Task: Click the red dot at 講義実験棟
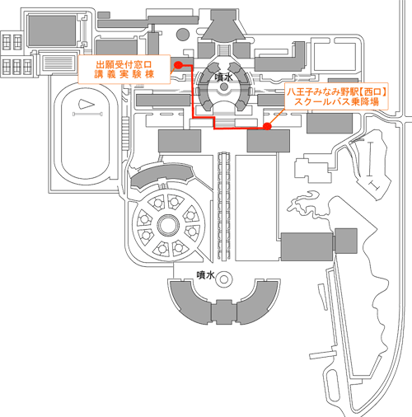click(179, 65)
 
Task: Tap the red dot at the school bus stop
click(267, 126)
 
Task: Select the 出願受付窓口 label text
click(124, 65)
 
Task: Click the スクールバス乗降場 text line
click(336, 101)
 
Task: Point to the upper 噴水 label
click(223, 77)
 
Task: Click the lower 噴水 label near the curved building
click(205, 275)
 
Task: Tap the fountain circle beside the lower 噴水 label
click(224, 279)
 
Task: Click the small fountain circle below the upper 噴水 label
click(224, 87)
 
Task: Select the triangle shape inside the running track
click(87, 104)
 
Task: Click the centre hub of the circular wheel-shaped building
click(169, 225)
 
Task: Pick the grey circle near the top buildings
click(183, 35)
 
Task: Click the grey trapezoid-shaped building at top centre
click(223, 26)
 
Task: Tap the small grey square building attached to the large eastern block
click(346, 241)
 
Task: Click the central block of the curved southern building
click(223, 312)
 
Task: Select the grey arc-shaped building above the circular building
click(161, 176)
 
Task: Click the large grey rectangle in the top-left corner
click(52, 30)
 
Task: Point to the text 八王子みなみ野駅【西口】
click(337, 91)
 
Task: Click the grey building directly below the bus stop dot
click(269, 141)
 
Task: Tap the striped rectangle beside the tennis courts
click(59, 63)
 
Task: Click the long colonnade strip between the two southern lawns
click(224, 206)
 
